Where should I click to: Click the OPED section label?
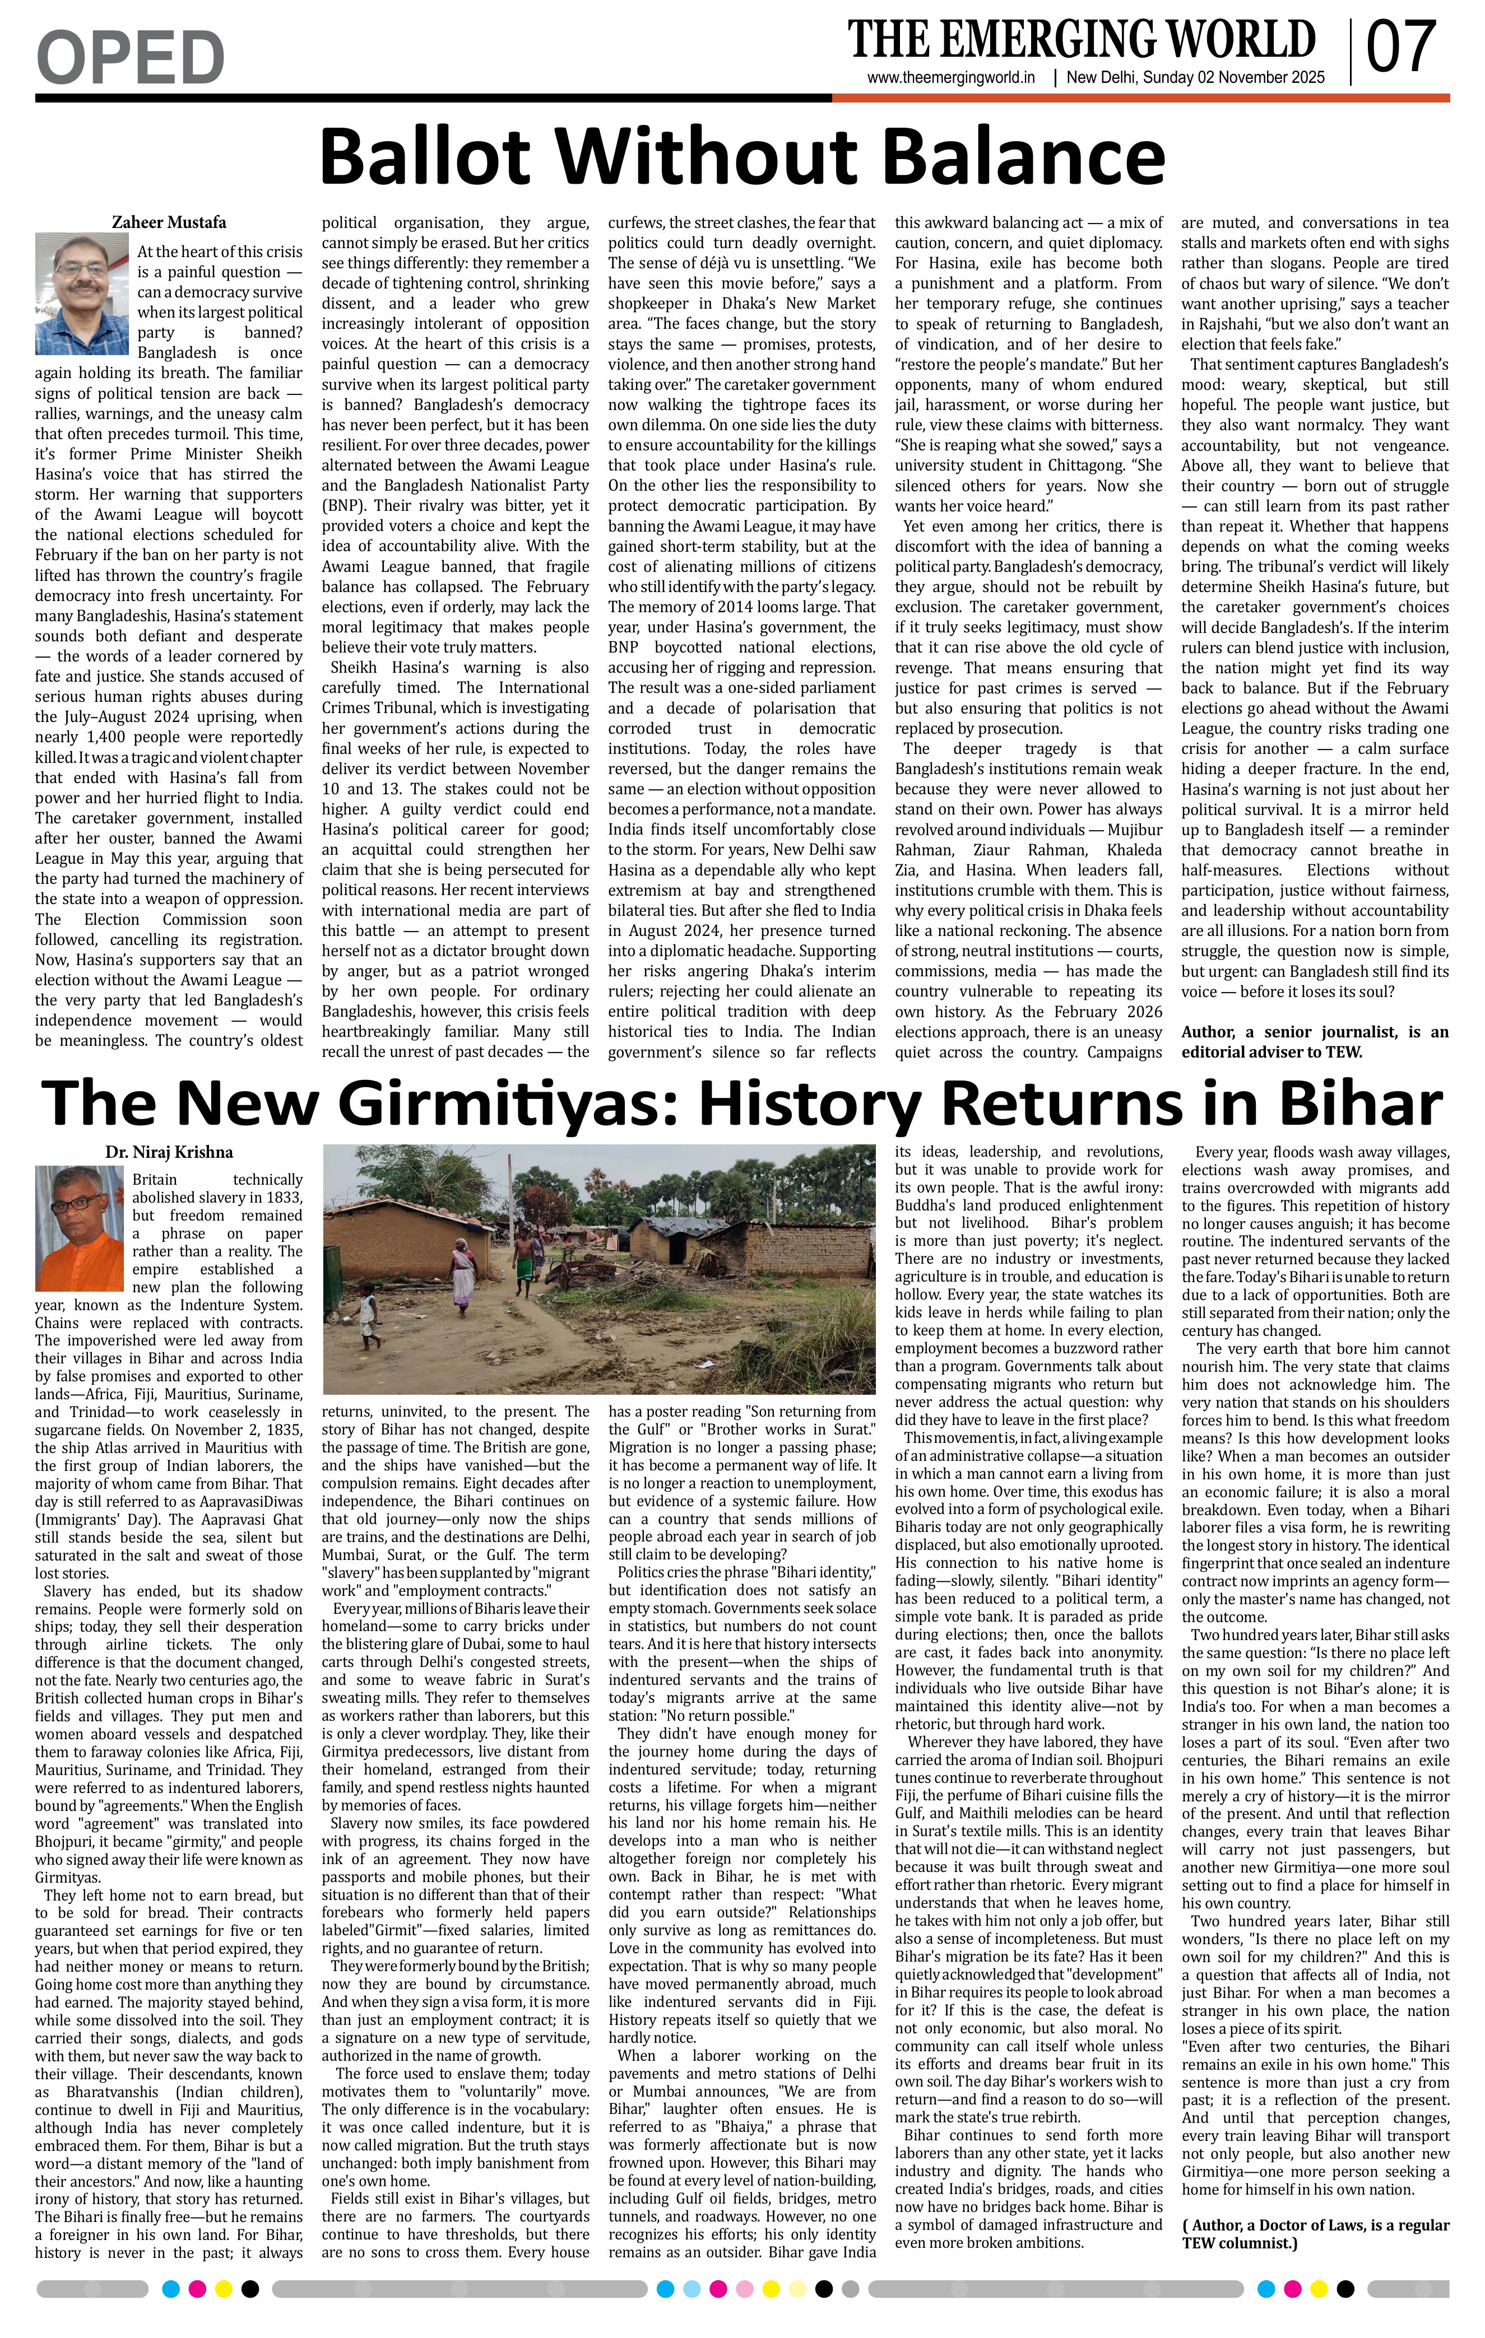click(x=130, y=57)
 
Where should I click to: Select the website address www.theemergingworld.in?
click(x=951, y=78)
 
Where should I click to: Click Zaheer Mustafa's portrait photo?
click(x=81, y=293)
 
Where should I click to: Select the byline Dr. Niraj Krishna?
click(x=169, y=1153)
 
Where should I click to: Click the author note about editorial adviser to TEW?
click(x=1314, y=1041)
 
